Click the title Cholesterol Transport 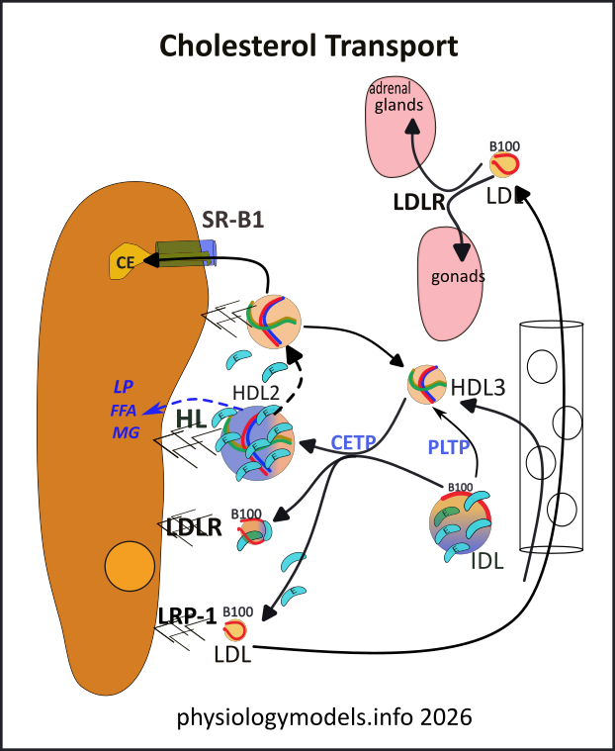pos(307,46)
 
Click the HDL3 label pos(478,386)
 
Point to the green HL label pos(191,420)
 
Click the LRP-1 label pos(187,615)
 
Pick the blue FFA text pos(125,409)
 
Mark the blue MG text pos(125,432)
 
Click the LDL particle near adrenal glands pos(504,163)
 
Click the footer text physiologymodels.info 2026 pos(307,714)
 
